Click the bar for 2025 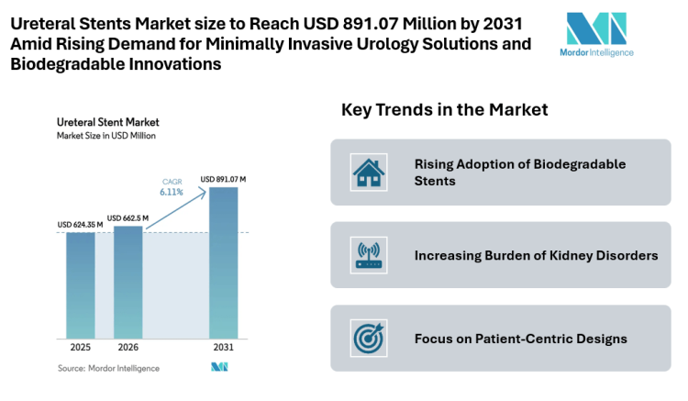pos(80,284)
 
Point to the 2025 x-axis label pos(80,349)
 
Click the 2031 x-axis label pos(223,349)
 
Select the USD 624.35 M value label pos(80,224)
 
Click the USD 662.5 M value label pos(129,217)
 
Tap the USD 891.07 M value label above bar pos(223,179)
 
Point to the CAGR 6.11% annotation pos(172,187)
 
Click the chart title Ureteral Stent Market pos(107,121)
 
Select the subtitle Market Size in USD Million pos(106,135)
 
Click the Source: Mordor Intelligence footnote pos(108,368)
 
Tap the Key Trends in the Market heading pos(444,110)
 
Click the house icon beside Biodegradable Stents pos(369,172)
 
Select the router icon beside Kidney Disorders pos(369,255)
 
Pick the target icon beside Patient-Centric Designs pos(369,338)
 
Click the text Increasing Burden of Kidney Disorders pos(536,255)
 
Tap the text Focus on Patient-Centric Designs pos(520,339)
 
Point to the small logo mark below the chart pos(219,367)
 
